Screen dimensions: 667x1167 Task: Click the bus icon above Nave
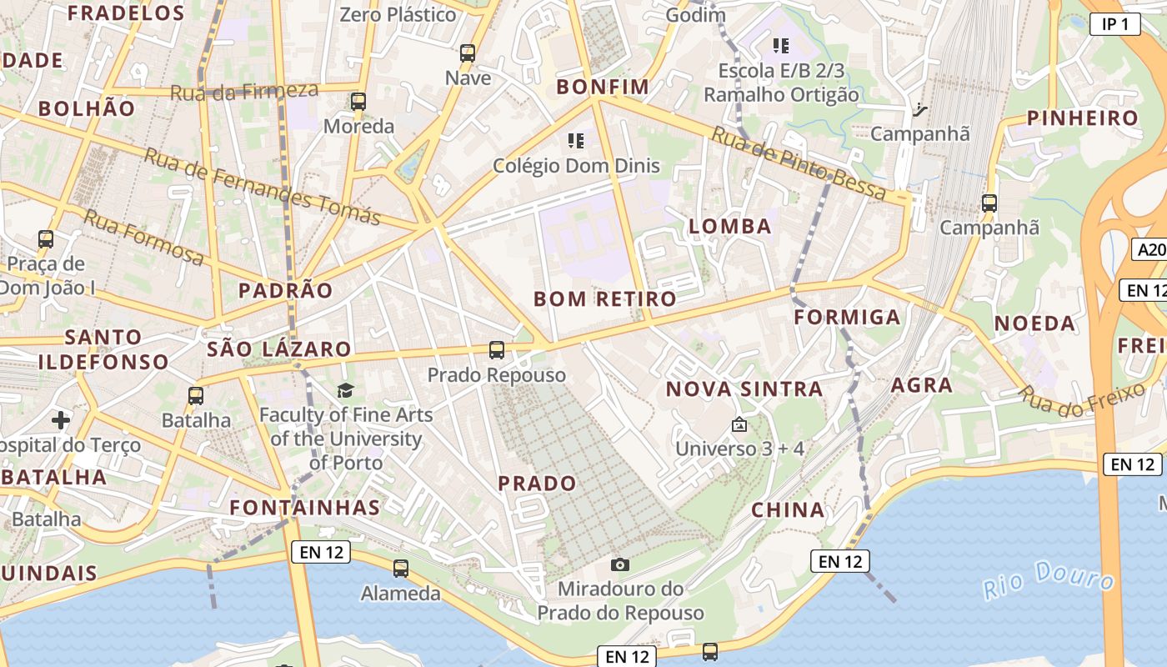468,53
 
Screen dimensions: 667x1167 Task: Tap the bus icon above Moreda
358,102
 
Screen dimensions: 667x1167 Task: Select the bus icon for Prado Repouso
497,350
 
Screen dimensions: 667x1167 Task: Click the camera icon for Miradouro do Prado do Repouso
619,564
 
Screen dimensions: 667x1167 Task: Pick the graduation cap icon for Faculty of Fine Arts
345,390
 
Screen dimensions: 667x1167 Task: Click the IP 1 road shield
1114,24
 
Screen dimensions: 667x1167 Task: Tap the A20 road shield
1150,249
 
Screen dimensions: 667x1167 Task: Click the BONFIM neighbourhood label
603,87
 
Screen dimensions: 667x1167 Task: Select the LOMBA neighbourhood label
730,226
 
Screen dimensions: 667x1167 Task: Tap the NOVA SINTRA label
744,389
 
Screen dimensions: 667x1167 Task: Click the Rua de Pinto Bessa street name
799,163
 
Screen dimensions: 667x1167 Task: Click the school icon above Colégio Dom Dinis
575,140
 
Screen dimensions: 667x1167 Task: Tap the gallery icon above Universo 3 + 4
739,425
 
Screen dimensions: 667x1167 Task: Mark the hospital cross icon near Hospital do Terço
61,419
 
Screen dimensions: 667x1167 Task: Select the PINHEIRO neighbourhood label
1082,118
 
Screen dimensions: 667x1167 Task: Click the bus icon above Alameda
401,569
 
